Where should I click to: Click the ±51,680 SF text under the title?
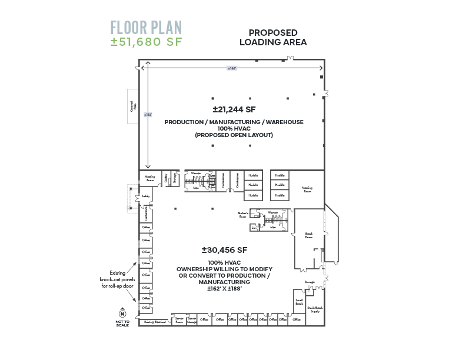pos(147,42)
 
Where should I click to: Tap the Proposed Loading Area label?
pos(272,38)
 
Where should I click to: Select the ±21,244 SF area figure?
pos(234,109)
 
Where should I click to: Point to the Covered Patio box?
pos(133,106)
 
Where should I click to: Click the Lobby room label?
pos(145,196)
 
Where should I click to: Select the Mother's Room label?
pos(242,215)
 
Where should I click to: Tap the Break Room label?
pos(308,235)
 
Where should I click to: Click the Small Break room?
pos(299,302)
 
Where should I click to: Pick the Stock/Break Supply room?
pos(315,309)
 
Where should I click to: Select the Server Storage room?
pos(192,320)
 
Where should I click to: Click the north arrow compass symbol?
pos(122,312)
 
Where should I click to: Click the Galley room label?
pos(167,178)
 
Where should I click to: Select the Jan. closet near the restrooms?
pos(254,226)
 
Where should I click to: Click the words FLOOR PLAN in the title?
pos(146,28)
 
